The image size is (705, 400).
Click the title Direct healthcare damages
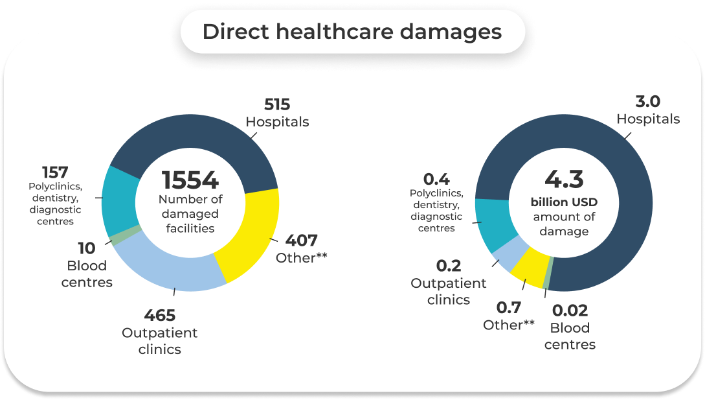click(x=352, y=32)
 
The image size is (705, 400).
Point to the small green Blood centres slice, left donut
click(x=117, y=237)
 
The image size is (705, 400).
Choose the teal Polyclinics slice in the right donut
click(x=495, y=224)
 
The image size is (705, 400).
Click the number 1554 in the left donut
click(x=190, y=181)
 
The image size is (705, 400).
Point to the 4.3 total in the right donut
click(x=563, y=179)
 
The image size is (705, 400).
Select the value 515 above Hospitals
click(x=277, y=104)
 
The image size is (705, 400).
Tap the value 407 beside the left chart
click(x=301, y=241)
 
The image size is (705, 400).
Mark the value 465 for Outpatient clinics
click(x=160, y=316)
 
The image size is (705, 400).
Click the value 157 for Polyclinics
click(x=56, y=172)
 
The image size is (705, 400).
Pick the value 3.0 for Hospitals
click(x=648, y=102)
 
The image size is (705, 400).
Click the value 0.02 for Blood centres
click(x=570, y=311)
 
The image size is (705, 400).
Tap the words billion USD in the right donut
click(x=563, y=202)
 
